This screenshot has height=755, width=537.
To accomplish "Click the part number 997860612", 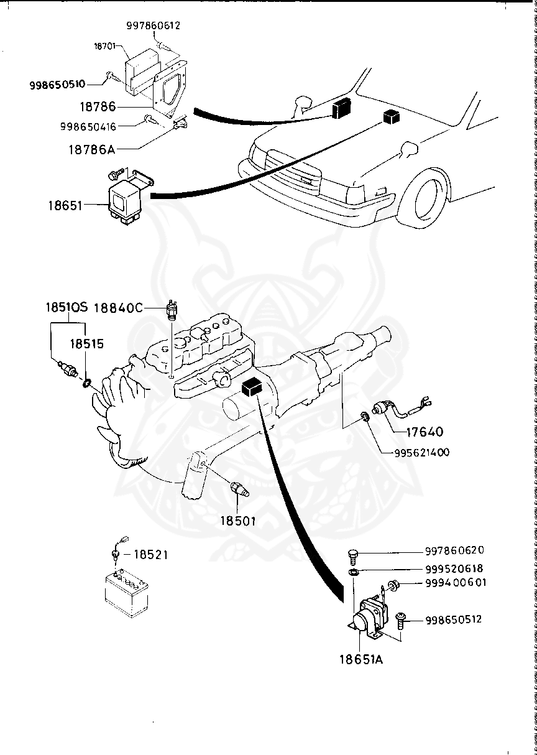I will pos(153,25).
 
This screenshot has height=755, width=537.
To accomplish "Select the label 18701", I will pos(105,46).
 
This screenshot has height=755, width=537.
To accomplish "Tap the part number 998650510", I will pos(57,84).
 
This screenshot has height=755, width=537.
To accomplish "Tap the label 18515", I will pos(87,343).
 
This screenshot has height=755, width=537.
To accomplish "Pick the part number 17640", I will pos(442,430).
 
